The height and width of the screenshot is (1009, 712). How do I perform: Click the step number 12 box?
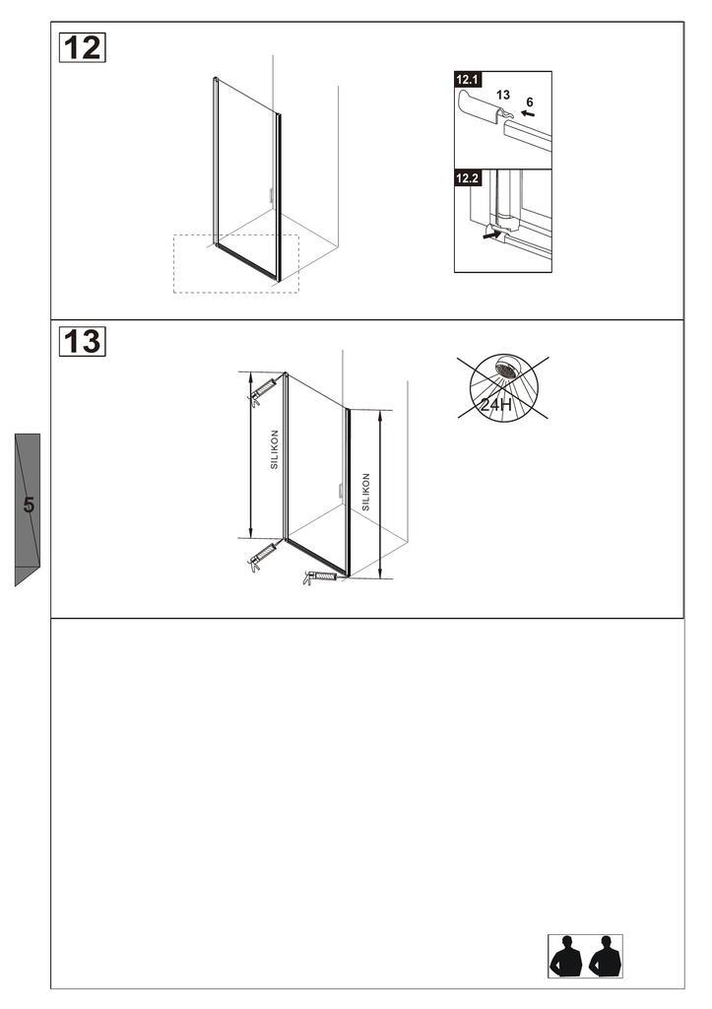pos(83,46)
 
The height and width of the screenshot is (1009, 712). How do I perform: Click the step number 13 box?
pos(83,341)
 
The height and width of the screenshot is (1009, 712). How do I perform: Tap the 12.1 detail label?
pos(467,79)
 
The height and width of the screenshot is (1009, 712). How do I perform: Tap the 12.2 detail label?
pos(467,178)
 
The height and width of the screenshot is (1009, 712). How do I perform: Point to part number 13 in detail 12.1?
pos(503,96)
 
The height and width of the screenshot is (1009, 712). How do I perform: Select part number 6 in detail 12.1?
pos(530,101)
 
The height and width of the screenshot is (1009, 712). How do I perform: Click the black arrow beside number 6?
pos(528,114)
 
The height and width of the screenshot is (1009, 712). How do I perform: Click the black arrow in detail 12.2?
pos(490,235)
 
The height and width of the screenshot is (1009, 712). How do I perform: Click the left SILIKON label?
pos(275,448)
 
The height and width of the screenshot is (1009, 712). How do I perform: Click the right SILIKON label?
pos(365,491)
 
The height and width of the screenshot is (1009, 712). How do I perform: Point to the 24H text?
pos(495,404)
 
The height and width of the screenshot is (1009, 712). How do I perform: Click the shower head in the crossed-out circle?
pos(507,368)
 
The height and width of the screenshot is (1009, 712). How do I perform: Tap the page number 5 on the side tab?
pos(29,505)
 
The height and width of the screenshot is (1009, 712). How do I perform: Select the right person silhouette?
pos(604,957)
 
